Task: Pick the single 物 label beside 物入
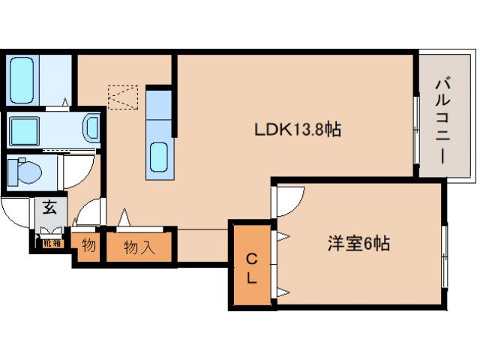(88, 246)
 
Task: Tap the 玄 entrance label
(49, 208)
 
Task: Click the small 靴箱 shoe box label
(52, 242)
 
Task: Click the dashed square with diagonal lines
(124, 97)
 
